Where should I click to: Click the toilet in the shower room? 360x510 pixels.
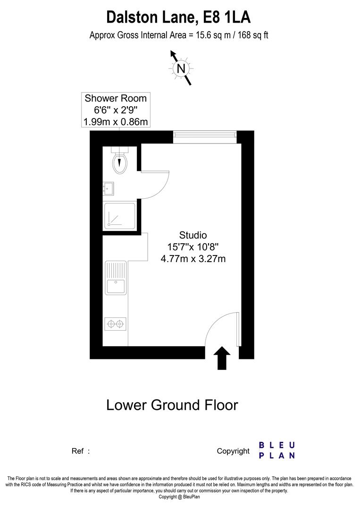pos(120,161)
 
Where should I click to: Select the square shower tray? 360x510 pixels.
pos(120,216)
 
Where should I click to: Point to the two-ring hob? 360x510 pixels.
pos(116,323)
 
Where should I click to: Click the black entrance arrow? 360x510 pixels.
pos(222,358)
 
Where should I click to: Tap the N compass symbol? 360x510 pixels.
pos(180,68)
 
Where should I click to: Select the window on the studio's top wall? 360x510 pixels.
pos(204,136)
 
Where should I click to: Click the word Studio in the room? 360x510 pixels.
pos(193,235)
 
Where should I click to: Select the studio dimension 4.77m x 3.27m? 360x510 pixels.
pos(193,258)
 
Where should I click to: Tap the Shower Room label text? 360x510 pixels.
pos(116,98)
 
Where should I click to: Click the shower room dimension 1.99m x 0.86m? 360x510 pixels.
pos(116,122)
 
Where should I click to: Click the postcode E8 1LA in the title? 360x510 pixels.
pos(226,17)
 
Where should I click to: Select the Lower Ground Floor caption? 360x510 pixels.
pos(172,405)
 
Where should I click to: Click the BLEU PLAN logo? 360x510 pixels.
pos(277,450)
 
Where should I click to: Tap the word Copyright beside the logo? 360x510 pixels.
pos(233,451)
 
